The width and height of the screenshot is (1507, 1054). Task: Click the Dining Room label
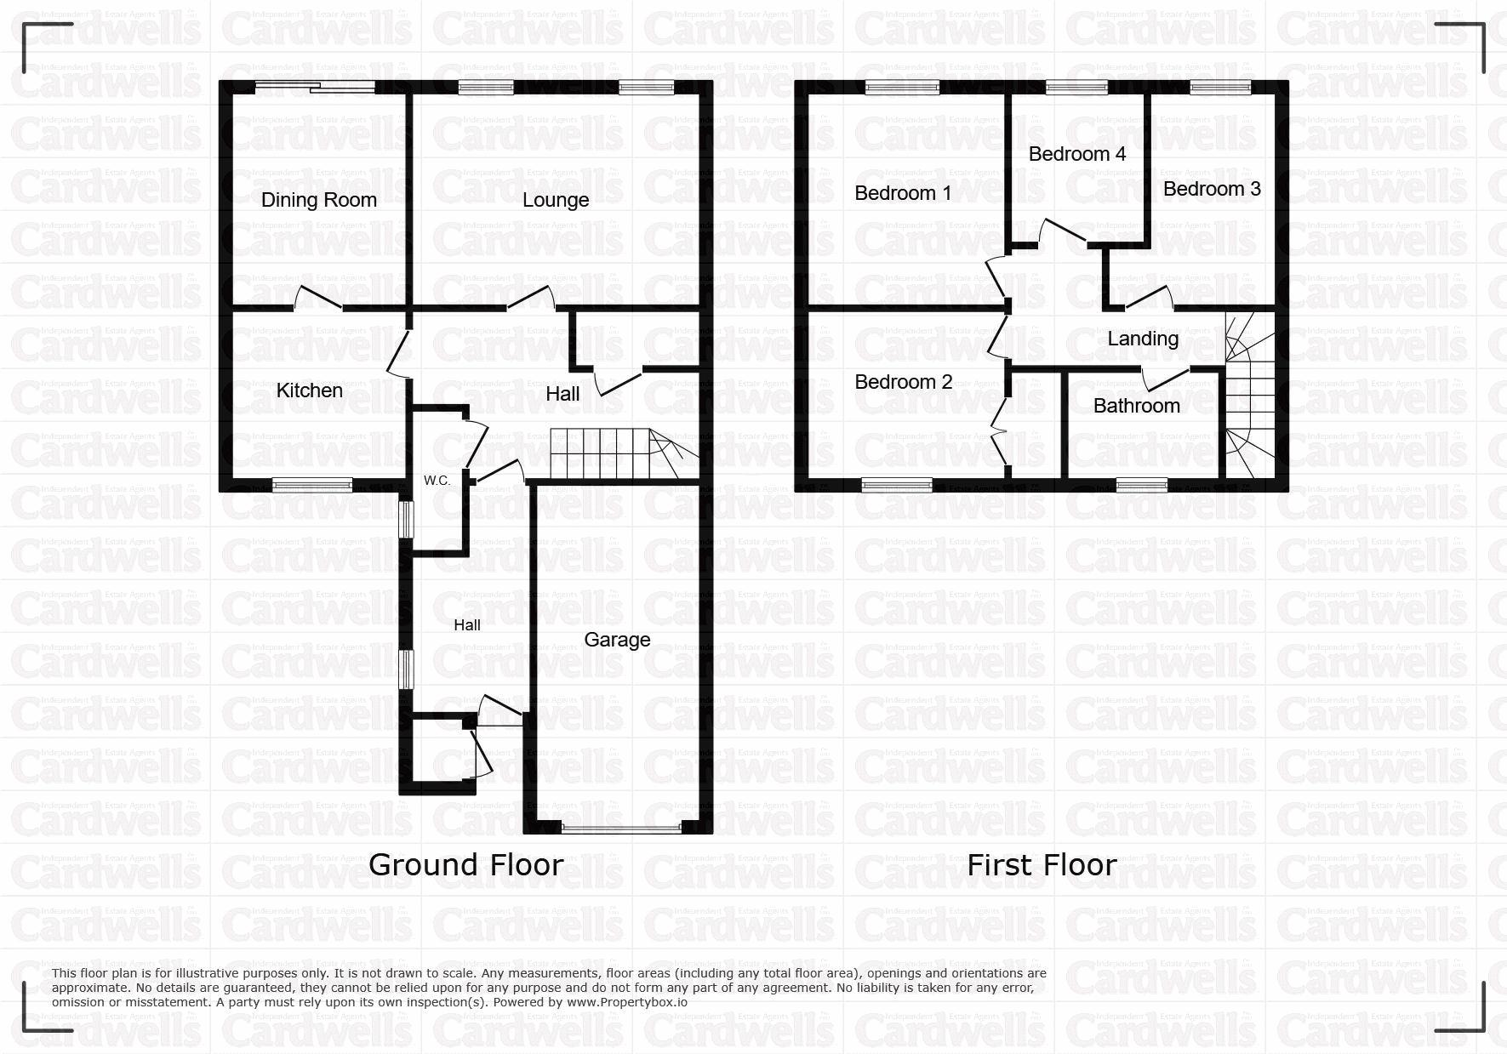319,200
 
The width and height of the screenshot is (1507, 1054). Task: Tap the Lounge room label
556,200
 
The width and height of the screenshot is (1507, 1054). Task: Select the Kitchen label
310,390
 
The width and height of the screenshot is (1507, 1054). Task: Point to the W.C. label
437,481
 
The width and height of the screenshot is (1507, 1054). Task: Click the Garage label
617,640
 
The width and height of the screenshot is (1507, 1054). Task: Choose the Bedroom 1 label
903,193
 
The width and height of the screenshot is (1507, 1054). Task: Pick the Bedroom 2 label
904,382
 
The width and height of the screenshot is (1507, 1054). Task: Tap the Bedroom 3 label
1212,189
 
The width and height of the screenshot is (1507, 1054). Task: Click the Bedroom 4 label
1077,154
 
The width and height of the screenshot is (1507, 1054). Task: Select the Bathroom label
1137,406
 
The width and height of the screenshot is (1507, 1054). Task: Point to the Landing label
1143,339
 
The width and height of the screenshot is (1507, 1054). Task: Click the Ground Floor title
465,865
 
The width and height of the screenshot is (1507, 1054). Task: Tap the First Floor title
1042,865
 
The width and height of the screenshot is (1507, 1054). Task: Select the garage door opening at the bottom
621,827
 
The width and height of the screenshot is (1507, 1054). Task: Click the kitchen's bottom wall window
312,485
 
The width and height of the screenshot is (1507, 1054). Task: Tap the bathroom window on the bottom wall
1142,485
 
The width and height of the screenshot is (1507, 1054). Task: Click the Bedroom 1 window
903,86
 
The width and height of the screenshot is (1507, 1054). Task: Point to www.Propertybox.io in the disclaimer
627,1002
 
